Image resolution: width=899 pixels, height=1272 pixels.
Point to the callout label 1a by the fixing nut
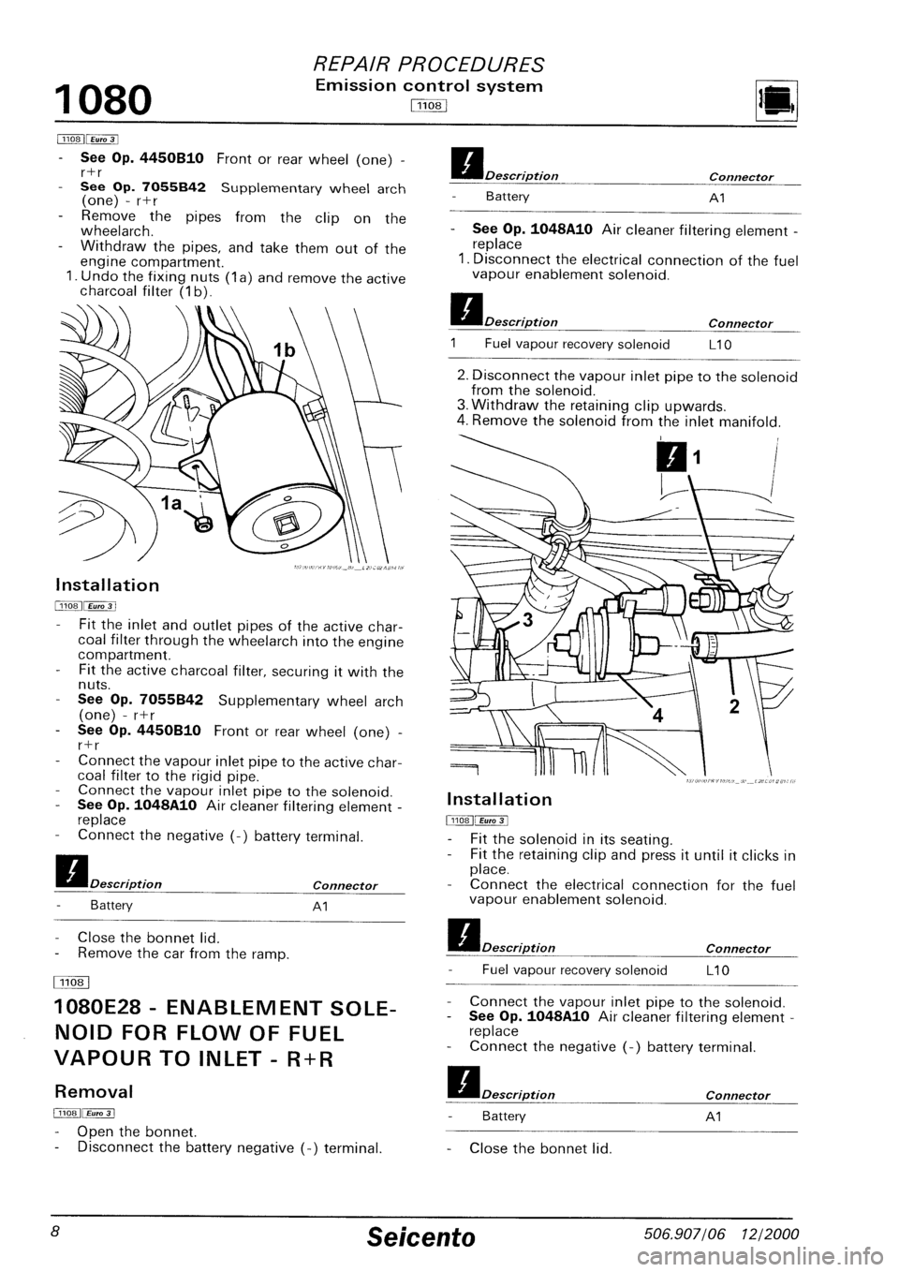172,502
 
